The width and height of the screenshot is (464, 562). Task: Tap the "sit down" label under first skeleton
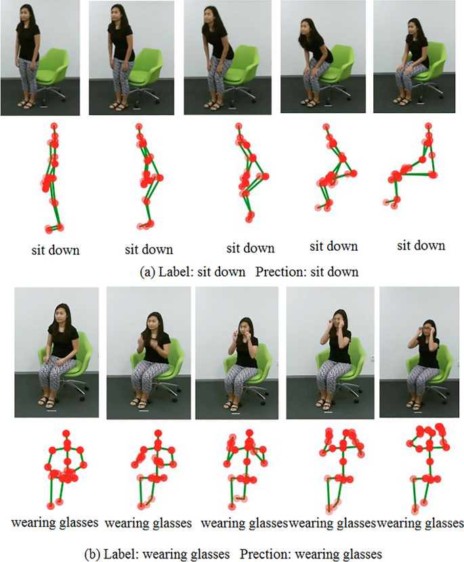coord(56,250)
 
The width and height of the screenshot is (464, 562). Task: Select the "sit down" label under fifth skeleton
coord(421,245)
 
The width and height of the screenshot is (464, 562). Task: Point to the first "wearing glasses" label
coord(55,522)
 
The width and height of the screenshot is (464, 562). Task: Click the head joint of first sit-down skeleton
coord(54,126)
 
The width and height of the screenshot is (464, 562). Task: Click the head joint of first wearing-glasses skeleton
coord(66,434)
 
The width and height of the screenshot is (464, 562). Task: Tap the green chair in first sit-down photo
coord(53,75)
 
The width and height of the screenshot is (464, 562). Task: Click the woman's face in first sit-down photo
coord(22,14)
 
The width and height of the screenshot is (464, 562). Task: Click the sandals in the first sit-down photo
coord(27,104)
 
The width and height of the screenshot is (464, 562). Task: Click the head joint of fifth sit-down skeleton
coord(429,126)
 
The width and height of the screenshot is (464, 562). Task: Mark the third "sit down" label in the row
coord(250,248)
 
